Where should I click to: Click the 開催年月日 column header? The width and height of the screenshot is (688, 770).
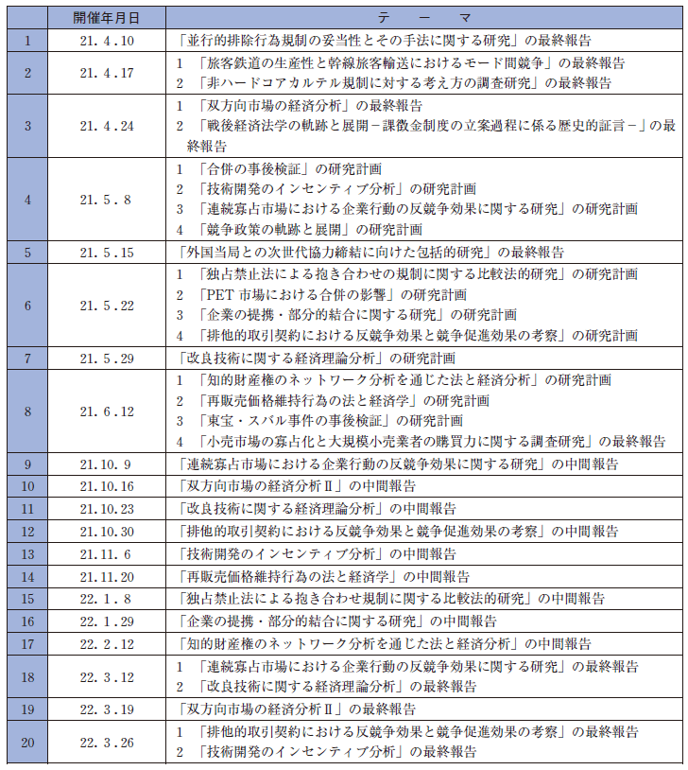tap(106, 19)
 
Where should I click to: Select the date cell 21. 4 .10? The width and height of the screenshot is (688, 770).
tap(106, 41)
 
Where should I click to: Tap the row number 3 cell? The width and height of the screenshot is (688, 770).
tap(28, 126)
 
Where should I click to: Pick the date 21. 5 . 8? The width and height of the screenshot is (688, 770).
tap(106, 199)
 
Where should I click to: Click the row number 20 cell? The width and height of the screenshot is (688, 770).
tap(28, 743)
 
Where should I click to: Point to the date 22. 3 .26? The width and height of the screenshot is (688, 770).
tap(106, 743)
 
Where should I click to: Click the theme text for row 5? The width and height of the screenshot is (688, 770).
tap(370, 253)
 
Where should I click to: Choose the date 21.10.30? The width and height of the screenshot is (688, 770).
tap(106, 531)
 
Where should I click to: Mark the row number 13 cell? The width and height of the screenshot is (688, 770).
tap(28, 553)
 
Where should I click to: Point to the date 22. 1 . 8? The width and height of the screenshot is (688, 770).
tap(106, 599)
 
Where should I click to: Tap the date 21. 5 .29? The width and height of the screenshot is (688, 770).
tap(106, 359)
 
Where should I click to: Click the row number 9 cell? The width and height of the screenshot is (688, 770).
tap(28, 464)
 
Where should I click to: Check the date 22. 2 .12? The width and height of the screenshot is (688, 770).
tap(106, 644)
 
